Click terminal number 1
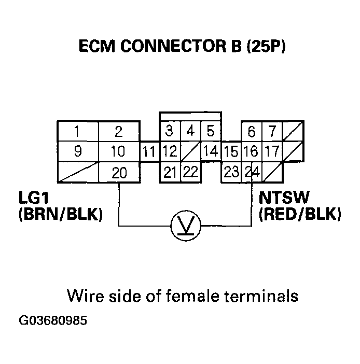(x=77, y=131)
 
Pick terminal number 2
(x=119, y=131)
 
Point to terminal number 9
(x=77, y=152)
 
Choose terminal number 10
(x=119, y=152)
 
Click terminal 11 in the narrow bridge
(x=149, y=152)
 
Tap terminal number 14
(x=210, y=152)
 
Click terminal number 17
(x=271, y=152)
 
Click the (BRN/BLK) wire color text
(x=60, y=214)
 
